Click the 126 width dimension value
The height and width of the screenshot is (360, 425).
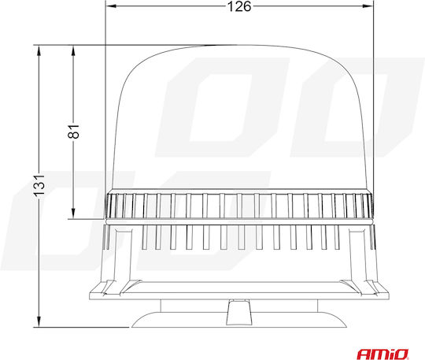[239, 6]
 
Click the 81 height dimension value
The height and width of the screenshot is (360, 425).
[73, 132]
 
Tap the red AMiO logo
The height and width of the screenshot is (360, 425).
[382, 354]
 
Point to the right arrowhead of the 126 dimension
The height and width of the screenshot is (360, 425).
[368, 6]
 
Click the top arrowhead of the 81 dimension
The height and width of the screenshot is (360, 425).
[73, 50]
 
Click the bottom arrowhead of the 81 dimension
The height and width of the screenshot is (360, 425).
[73, 213]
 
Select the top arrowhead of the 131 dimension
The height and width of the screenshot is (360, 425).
[39, 50]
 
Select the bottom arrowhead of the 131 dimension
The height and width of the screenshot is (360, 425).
[39, 321]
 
